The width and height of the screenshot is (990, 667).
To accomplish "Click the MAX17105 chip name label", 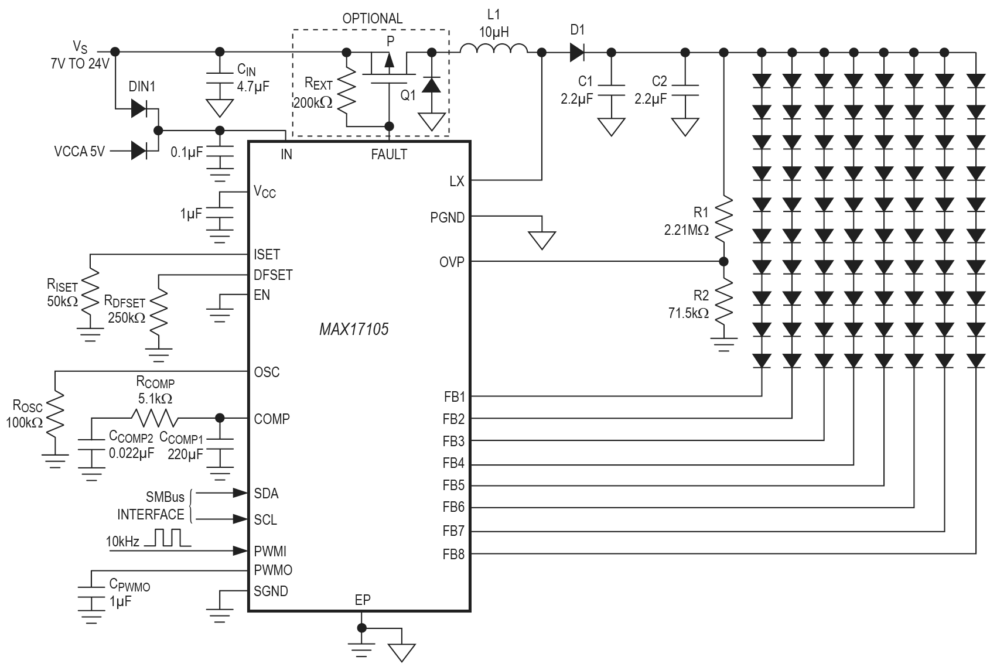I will pyautogui.click(x=353, y=329).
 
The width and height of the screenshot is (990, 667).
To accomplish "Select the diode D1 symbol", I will pyautogui.click(x=577, y=52).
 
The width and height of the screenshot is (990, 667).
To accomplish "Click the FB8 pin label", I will pyautogui.click(x=453, y=554).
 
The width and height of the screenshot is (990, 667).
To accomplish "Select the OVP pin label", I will pyautogui.click(x=452, y=262).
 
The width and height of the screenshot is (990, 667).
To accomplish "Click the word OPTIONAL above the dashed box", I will pyautogui.click(x=372, y=18).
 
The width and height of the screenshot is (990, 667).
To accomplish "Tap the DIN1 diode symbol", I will pyautogui.click(x=138, y=108).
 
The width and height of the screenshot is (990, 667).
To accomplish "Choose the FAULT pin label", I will pyautogui.click(x=388, y=155).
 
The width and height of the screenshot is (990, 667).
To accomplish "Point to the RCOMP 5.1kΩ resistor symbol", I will pyautogui.click(x=153, y=418).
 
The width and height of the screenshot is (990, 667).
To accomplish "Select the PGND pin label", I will pyautogui.click(x=447, y=218).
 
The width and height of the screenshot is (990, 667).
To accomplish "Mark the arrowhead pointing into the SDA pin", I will pyautogui.click(x=240, y=493).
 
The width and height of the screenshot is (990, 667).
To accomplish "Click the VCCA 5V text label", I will pyautogui.click(x=79, y=152).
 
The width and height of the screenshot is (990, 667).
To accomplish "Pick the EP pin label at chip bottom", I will pyautogui.click(x=362, y=600).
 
